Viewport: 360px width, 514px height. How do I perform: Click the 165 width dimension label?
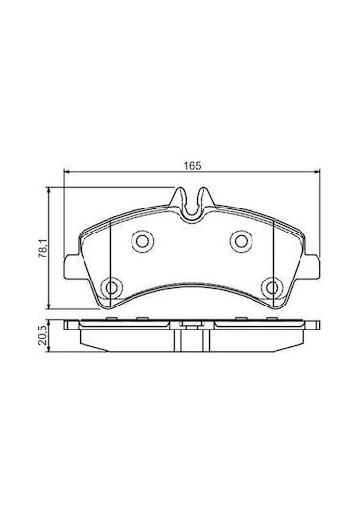192,165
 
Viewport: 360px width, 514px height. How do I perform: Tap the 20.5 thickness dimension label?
43,335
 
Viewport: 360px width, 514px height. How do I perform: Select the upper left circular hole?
142,241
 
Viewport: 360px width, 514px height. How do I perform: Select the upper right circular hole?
241,241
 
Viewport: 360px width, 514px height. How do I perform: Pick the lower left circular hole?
111,288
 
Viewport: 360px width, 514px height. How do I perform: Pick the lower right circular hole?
272,288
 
